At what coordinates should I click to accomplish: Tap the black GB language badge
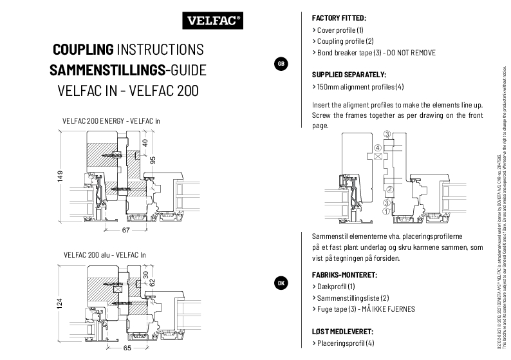(x=281, y=63)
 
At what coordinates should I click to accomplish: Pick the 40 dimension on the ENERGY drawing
(x=145, y=142)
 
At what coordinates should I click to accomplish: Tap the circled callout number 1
(x=386, y=210)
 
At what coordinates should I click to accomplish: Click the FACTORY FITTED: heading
(x=339, y=18)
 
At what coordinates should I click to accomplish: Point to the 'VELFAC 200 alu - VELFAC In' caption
(x=104, y=255)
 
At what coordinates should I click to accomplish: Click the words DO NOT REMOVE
(x=411, y=52)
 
